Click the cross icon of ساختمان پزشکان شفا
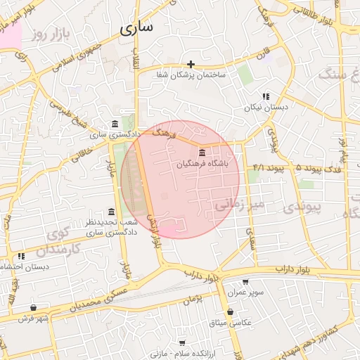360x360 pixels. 191,64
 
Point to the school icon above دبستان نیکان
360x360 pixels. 266,96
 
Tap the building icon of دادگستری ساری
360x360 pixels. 115,124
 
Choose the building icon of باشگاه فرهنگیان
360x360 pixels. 202,153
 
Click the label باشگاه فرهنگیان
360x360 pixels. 202,164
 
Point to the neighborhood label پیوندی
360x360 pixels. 304,207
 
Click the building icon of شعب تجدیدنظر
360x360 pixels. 111,212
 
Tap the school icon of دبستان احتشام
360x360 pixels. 21,256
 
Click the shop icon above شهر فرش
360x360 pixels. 33,307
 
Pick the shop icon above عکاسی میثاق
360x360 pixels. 230,311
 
